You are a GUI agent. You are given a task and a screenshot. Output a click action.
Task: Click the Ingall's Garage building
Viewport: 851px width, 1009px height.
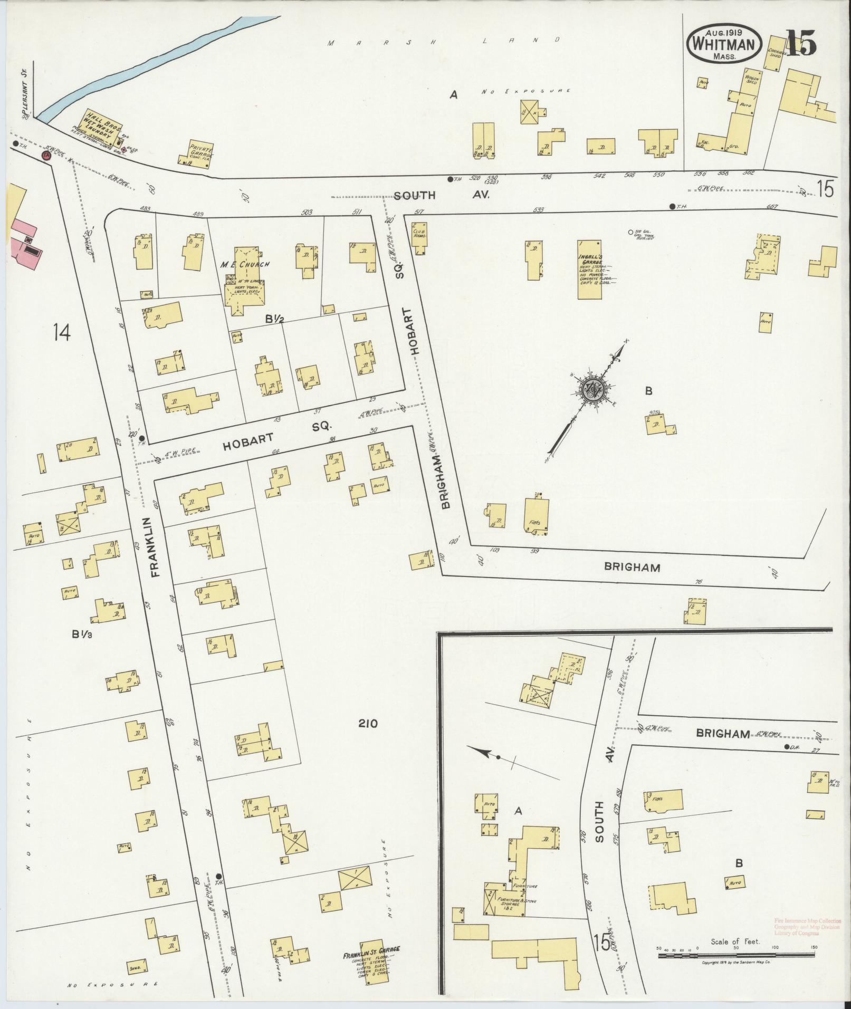pyautogui.click(x=590, y=269)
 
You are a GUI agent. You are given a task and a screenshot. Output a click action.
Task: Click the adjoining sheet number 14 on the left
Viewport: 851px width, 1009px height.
pyautogui.click(x=62, y=332)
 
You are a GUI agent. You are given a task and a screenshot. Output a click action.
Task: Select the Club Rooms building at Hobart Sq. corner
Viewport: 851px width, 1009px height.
pyautogui.click(x=421, y=238)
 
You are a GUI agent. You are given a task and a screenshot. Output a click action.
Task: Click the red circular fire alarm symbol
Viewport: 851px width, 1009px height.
pyautogui.click(x=46, y=156)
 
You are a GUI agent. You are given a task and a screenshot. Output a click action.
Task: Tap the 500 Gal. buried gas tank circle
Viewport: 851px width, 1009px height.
pyautogui.click(x=631, y=232)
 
